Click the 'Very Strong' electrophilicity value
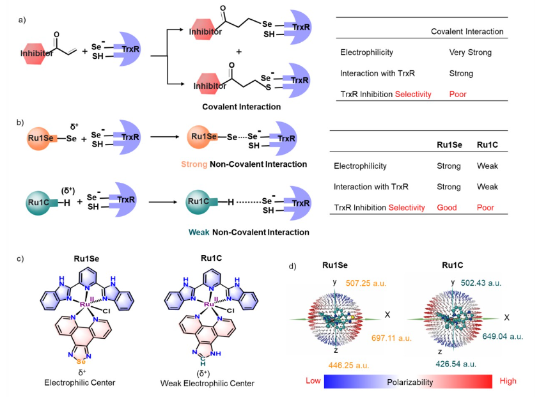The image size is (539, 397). (469, 52)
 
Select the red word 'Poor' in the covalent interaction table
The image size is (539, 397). (457, 94)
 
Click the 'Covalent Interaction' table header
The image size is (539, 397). (467, 31)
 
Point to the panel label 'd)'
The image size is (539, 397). (293, 265)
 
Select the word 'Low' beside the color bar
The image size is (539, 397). (312, 381)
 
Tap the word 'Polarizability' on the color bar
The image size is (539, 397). (409, 382)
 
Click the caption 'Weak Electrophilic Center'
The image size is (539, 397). (207, 384)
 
